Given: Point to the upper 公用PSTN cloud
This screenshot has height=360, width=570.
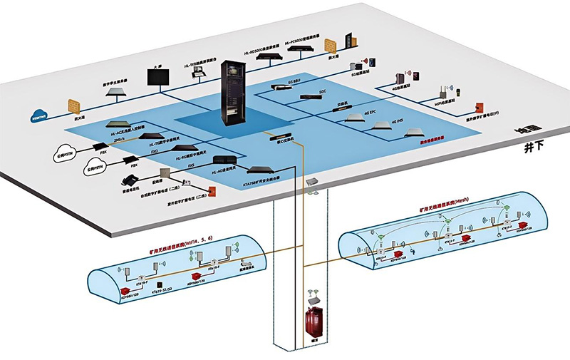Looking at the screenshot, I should [64, 152].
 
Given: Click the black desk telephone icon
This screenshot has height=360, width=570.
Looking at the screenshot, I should [132, 180].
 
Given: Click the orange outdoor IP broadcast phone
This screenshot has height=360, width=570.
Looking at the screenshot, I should [460, 93].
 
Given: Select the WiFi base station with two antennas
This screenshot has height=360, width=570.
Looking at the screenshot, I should [442, 93].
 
